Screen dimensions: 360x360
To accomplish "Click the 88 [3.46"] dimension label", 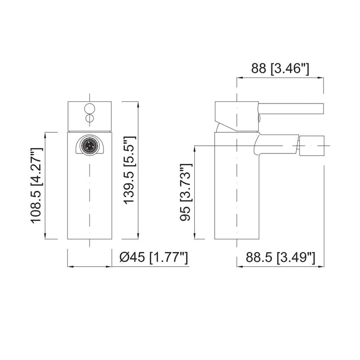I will pyautogui.click(x=279, y=68).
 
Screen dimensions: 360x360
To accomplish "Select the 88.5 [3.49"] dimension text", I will pyautogui.click(x=280, y=258).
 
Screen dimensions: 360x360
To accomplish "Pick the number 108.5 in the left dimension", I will pyautogui.click(x=36, y=207).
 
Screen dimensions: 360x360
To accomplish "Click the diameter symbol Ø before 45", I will pyautogui.click(x=125, y=258).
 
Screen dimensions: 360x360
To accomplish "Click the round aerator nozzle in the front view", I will pyautogui.click(x=89, y=145).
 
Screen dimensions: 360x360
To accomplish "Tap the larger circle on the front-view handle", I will pyautogui.click(x=89, y=108).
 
